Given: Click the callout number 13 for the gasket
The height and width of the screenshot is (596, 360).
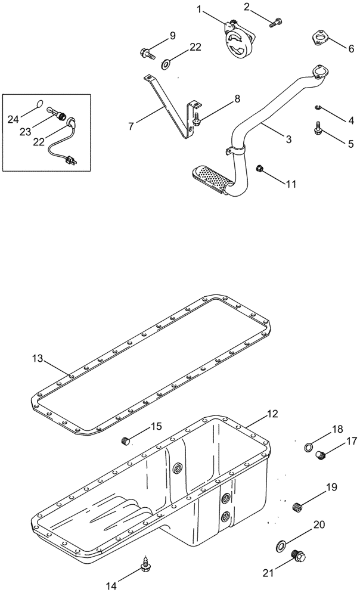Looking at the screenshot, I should coord(38,358).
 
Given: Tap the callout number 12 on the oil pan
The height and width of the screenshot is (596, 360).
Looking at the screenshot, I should coord(272,413).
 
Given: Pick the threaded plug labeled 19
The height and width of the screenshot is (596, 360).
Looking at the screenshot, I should coord(299,507).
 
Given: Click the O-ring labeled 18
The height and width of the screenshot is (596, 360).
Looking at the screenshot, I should coord(308,447).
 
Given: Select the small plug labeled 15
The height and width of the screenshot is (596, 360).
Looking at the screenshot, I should coord(125,441).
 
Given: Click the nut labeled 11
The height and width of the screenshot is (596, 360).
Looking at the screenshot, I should coord(260,167).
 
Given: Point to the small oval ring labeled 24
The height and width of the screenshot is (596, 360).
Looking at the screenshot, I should coord(39,103).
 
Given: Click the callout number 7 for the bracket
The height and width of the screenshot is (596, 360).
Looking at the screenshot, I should coord(130,126).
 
